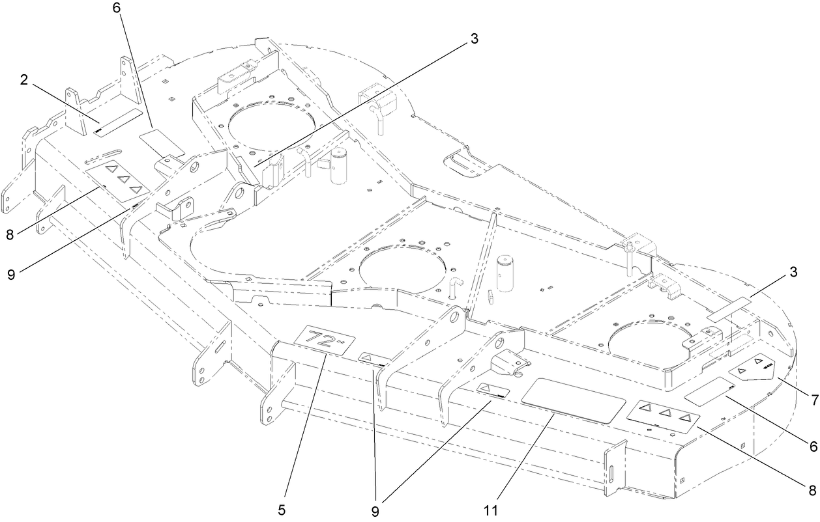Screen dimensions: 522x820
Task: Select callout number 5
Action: coord(282,510)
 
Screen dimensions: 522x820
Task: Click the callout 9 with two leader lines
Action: coord(375,510)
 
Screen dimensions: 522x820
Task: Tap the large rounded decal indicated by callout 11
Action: coord(575,402)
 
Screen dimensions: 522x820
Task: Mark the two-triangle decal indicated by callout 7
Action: coord(752,368)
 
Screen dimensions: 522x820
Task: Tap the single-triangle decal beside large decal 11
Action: coord(492,390)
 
